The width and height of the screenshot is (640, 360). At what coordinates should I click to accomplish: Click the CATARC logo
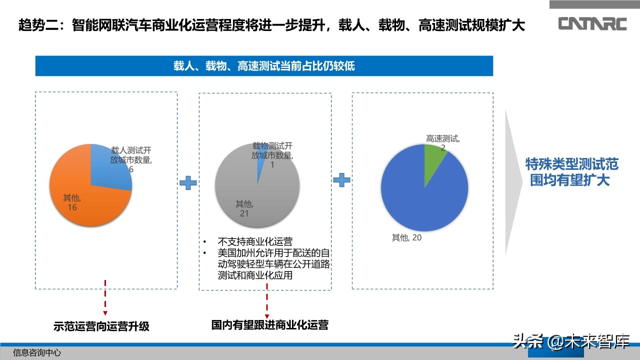[592, 23]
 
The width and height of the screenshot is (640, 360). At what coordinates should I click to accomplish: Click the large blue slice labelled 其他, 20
[425, 200]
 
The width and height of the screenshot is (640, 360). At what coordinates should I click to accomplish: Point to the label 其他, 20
[406, 238]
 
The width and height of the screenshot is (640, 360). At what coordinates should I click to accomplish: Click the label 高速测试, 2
[443, 142]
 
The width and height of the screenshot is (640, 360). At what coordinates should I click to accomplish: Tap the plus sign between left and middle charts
[188, 183]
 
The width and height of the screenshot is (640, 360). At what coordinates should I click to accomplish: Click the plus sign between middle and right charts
[341, 180]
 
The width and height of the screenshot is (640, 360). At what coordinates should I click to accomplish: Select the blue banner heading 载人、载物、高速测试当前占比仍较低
[264, 66]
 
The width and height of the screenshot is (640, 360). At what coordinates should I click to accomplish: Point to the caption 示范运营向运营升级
[101, 327]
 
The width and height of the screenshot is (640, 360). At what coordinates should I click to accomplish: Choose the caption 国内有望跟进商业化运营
[270, 325]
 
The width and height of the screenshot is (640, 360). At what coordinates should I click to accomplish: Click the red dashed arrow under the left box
[105, 297]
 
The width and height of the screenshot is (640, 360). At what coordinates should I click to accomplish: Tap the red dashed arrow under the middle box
[267, 300]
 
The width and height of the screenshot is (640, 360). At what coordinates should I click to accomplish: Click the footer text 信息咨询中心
[37, 352]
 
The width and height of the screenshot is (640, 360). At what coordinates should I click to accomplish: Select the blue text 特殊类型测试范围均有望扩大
[571, 172]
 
